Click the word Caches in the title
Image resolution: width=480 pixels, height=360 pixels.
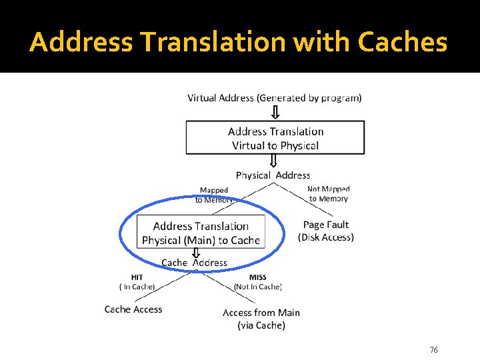(402, 42)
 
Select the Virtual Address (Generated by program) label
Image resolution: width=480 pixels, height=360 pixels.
(275, 98)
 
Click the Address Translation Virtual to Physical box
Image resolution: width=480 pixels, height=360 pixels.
(275, 138)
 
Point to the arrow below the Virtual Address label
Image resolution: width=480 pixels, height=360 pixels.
(275, 111)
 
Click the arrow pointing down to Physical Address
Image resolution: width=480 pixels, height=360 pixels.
(273, 161)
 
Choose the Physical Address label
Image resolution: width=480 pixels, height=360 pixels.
(273, 175)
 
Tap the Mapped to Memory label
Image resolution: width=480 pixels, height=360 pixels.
(214, 195)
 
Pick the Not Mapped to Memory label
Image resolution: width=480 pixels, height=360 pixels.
(329, 194)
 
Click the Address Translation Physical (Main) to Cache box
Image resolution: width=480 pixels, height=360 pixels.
(201, 233)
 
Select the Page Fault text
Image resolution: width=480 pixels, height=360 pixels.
(326, 225)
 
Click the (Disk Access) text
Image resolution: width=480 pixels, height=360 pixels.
(326, 237)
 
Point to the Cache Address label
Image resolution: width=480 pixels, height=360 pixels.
(194, 263)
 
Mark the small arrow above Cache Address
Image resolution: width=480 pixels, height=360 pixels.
(196, 253)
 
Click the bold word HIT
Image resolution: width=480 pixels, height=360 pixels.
(137, 277)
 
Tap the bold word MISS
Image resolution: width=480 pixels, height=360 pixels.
(257, 277)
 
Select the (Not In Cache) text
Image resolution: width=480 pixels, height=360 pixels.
(257, 287)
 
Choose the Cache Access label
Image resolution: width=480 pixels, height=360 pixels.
(133, 309)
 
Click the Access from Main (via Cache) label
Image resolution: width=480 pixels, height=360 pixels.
(261, 319)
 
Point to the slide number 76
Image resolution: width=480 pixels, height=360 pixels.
(433, 350)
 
